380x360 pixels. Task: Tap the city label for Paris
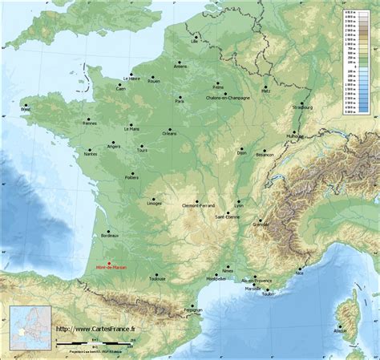(x=180, y=102)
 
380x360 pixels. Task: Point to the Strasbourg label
(x=303, y=107)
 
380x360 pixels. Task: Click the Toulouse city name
(x=157, y=279)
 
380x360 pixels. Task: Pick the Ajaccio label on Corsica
(x=341, y=330)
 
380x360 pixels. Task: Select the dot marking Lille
(x=194, y=34)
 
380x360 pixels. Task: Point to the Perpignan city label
(x=192, y=309)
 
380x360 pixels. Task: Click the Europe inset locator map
(x=30, y=327)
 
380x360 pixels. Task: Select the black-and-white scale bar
(x=94, y=343)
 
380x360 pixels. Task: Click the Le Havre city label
(x=131, y=79)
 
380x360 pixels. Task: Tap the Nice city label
(x=300, y=273)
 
